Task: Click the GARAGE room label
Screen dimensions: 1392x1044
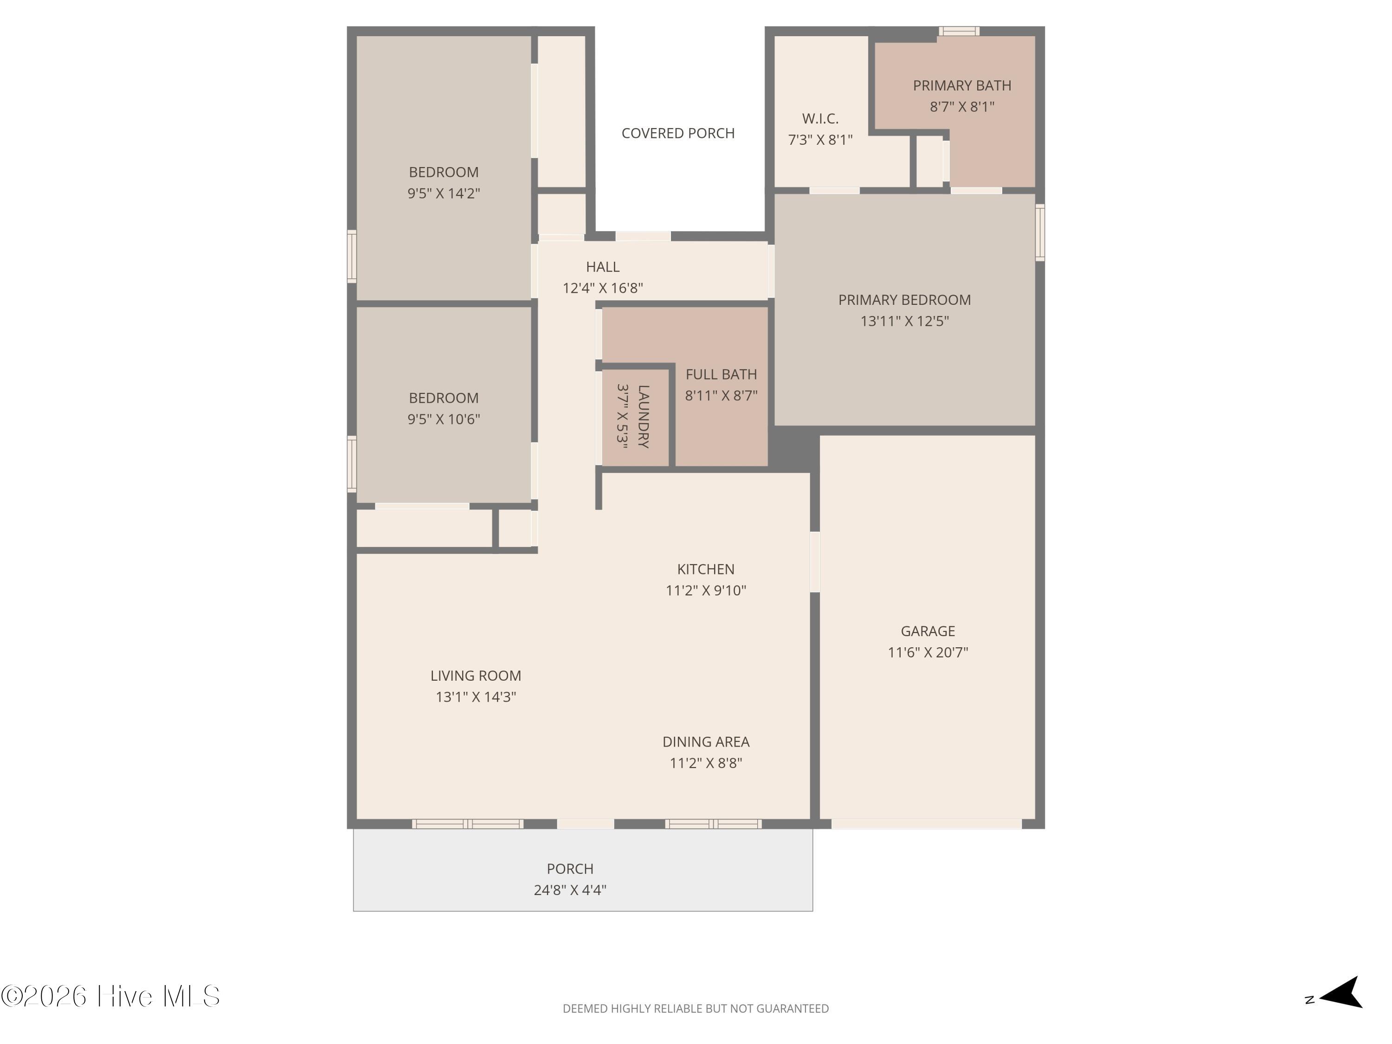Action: (x=928, y=631)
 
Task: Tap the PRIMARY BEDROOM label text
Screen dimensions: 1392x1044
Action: (x=904, y=300)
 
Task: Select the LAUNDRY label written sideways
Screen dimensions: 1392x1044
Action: (x=643, y=417)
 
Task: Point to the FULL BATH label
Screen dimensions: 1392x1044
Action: (x=721, y=374)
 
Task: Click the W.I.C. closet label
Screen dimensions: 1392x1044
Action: (x=820, y=118)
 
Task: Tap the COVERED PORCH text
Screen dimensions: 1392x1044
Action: (x=678, y=134)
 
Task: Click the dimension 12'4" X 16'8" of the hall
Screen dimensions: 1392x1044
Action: (x=602, y=288)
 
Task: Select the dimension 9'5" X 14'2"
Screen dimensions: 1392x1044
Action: (x=444, y=193)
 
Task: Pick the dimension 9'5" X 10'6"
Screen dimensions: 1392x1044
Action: (x=444, y=419)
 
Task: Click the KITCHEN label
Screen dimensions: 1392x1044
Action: (x=705, y=569)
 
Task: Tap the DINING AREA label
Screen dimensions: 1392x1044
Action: (x=705, y=742)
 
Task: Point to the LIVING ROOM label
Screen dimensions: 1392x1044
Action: (x=476, y=676)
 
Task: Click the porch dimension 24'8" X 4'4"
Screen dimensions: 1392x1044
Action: (x=569, y=890)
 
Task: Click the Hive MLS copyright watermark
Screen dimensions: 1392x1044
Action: (x=111, y=996)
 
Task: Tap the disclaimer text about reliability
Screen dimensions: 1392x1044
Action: (x=696, y=1009)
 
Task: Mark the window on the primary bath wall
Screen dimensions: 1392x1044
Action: (x=959, y=31)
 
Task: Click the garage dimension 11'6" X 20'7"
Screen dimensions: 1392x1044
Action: (x=928, y=652)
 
